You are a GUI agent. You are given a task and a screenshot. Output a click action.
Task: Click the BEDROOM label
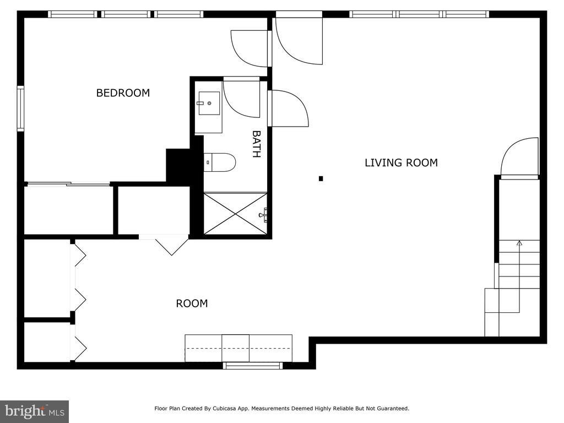pos(123,93)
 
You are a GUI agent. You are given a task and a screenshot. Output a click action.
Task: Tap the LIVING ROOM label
pos(401,162)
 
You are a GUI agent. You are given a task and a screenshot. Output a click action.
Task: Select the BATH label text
pos(256,144)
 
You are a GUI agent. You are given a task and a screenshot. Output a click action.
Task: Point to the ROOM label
pos(192,303)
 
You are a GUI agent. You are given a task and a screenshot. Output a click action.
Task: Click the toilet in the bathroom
pos(219,162)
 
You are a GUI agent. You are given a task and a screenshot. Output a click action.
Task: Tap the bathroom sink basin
pos(209,103)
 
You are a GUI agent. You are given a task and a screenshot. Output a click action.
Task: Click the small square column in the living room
pos(321,178)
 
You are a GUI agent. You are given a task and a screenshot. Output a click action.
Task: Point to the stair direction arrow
pos(519,277)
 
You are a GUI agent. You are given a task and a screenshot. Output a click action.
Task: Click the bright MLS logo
pos(35,411)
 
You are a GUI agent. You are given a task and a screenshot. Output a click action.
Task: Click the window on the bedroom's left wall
pos(20,109)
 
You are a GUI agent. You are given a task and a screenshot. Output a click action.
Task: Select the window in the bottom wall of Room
pos(252,366)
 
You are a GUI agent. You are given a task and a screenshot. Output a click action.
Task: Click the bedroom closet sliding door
pos(68,185)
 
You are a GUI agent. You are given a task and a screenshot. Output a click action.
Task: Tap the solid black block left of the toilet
pos(178,165)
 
